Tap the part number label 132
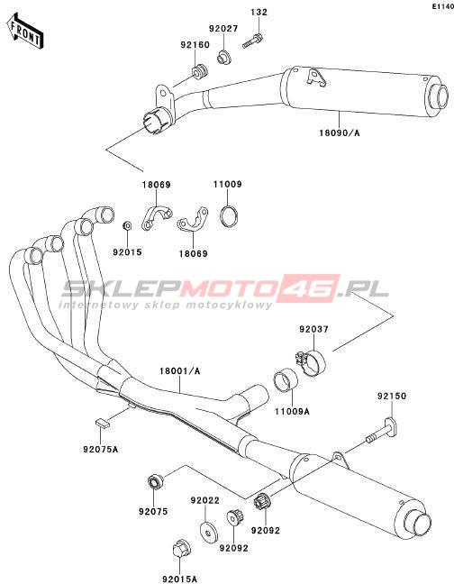point(259,12)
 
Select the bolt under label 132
point(253,41)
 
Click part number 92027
point(223,28)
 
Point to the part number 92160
point(195,44)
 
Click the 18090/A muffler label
point(340,132)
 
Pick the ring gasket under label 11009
point(229,215)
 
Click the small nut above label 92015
point(127,225)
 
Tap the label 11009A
point(292,411)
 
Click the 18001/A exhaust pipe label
point(180,371)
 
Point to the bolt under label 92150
point(384,432)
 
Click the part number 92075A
point(101,449)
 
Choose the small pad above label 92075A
point(101,424)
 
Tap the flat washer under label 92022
point(209,533)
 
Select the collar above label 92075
point(156,482)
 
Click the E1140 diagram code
point(443,6)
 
